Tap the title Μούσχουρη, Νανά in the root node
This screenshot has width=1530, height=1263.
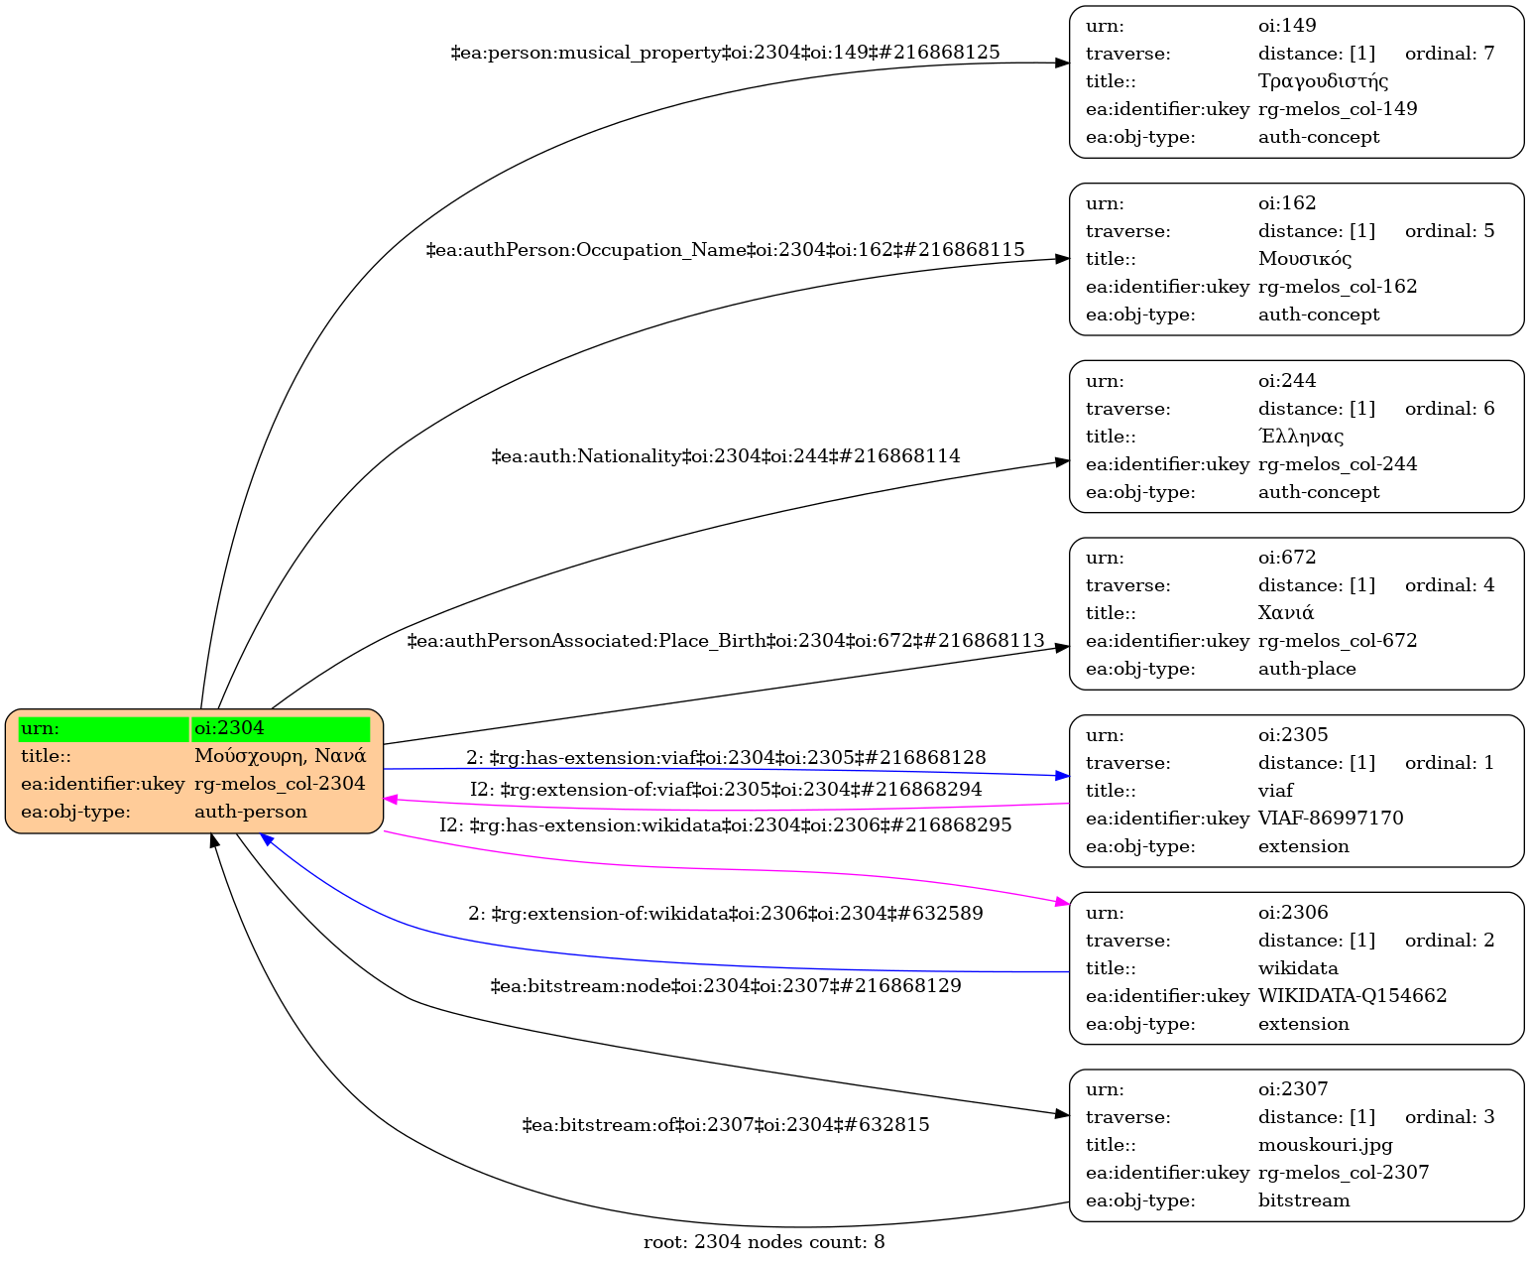coord(281,756)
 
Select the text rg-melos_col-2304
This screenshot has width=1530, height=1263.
coord(281,784)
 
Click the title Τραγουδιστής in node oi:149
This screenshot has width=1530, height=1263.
coord(1323,81)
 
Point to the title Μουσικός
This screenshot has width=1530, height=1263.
coord(1305,259)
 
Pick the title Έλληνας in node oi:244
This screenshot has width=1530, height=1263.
coord(1301,437)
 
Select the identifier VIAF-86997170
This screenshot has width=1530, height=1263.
coord(1331,819)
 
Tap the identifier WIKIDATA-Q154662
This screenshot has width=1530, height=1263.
coord(1353,996)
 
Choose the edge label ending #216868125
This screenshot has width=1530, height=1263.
coord(725,53)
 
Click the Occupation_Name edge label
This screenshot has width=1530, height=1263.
coord(725,250)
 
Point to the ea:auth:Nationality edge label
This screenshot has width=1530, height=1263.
coord(725,456)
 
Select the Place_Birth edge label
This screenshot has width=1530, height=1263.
coord(725,641)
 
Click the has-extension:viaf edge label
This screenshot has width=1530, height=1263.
coord(726,758)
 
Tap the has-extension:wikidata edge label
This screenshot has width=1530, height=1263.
coord(725,825)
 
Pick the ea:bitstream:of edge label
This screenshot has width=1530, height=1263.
coord(725,1125)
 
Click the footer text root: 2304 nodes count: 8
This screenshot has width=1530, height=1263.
coord(764,1242)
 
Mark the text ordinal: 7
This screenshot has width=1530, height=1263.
coord(1450,54)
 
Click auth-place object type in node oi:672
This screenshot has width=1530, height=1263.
coord(1307,669)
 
